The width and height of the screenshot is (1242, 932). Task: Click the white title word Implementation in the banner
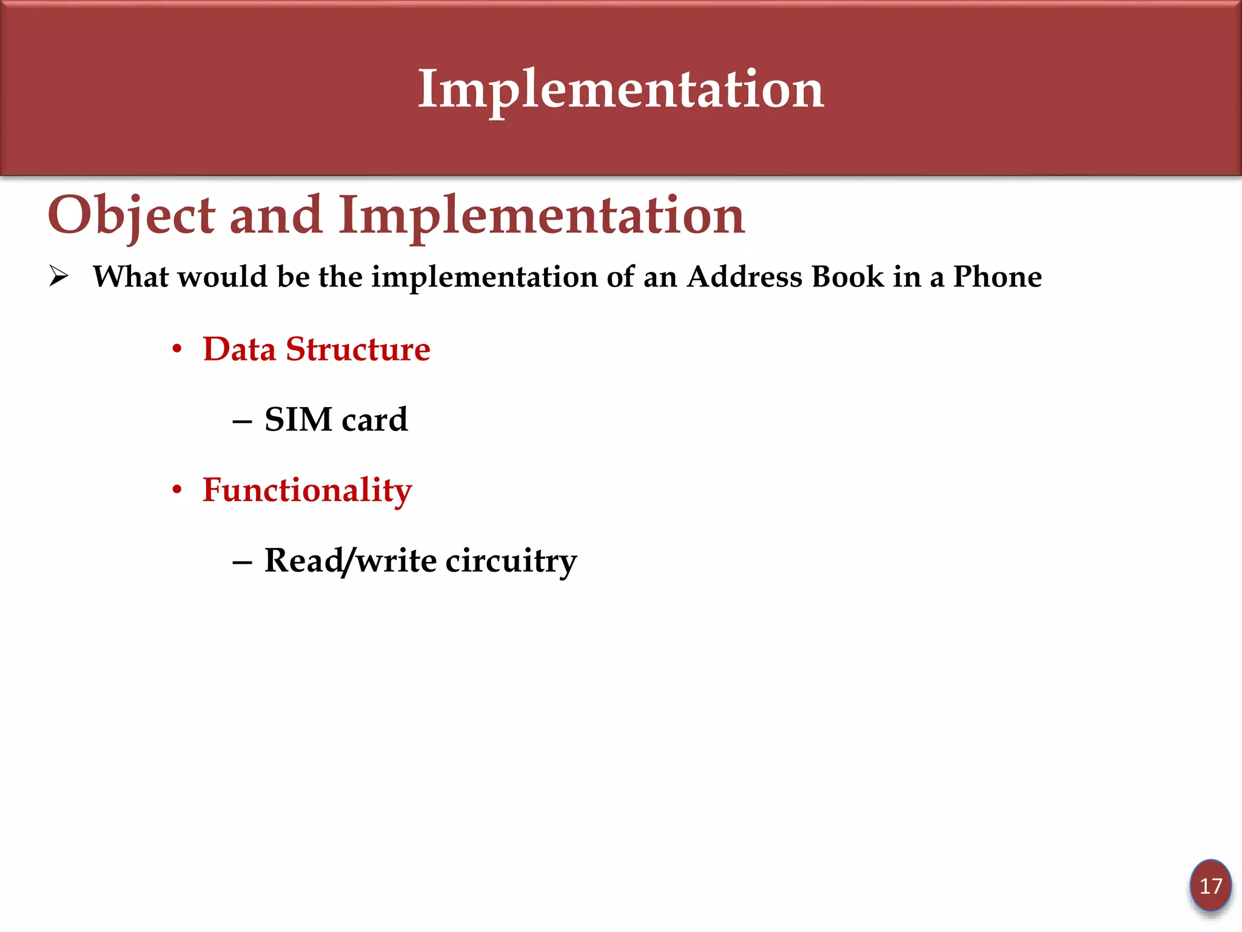point(620,90)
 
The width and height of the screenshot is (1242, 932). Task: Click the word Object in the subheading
point(131,216)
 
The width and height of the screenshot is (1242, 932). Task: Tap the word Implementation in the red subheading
point(541,216)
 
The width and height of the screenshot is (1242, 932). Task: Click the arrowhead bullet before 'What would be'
point(59,277)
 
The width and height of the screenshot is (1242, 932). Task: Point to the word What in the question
point(130,277)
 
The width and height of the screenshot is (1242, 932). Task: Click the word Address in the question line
point(744,277)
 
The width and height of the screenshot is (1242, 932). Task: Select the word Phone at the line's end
point(997,277)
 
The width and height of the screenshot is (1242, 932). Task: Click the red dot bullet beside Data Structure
point(177,349)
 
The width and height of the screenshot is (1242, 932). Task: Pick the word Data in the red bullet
point(239,349)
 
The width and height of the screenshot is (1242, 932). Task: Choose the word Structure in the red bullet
point(358,349)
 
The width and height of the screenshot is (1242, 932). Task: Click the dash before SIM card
point(242,421)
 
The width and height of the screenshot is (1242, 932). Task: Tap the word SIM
point(298,420)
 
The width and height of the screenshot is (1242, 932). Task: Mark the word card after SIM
point(374,420)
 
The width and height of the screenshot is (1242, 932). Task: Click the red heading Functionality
point(307,490)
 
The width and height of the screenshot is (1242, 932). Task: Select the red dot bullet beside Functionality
point(177,490)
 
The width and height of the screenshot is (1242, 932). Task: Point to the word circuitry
point(511,561)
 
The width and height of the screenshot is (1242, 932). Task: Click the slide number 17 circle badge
point(1210,886)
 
